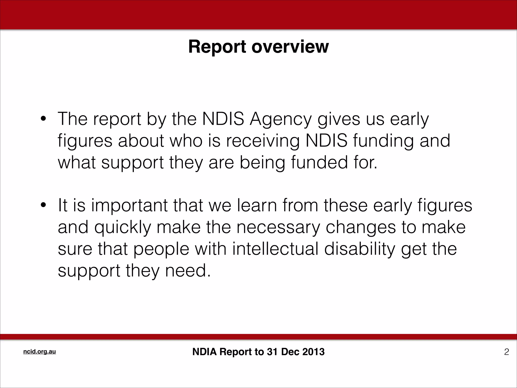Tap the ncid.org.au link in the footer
[39, 352]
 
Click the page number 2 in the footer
[506, 352]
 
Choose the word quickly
[123, 227]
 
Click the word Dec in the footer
[290, 352]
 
